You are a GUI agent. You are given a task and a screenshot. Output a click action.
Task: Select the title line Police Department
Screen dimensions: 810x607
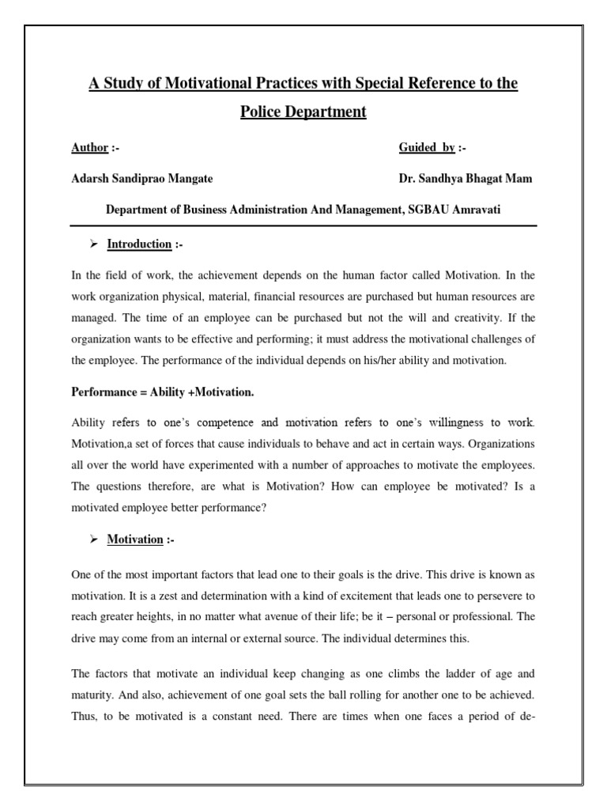(x=303, y=112)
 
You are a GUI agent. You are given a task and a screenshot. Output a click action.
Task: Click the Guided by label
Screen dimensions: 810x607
(x=427, y=148)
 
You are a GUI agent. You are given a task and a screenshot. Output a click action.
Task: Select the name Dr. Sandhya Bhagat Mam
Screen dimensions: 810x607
(x=466, y=179)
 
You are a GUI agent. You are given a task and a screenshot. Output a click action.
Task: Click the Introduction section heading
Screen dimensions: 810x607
(x=139, y=244)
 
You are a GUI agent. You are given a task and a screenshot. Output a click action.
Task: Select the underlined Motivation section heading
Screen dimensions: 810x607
(x=135, y=539)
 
